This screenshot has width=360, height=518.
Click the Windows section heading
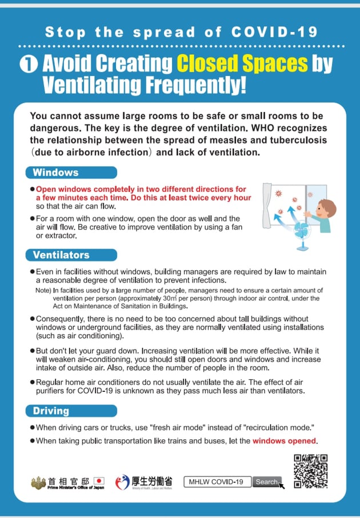point(56,172)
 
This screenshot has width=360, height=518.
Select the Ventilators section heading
point(61,255)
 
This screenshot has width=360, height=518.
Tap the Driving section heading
point(51,411)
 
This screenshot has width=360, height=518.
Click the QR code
point(311,471)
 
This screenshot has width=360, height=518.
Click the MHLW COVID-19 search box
point(218,482)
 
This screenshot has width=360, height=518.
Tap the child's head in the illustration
point(326,209)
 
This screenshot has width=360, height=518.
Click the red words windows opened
point(285,441)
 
